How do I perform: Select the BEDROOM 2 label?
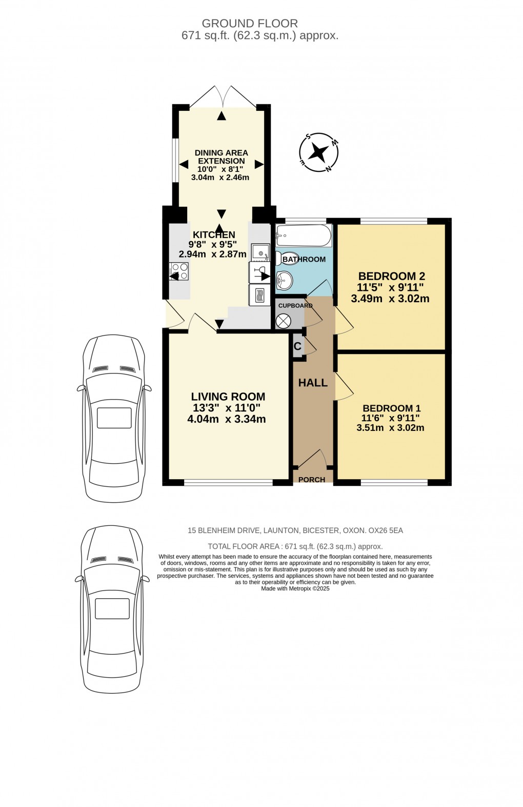tap(391, 276)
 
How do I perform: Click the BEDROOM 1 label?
tap(391, 408)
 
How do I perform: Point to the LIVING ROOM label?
tap(228, 397)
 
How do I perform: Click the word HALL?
tap(313, 383)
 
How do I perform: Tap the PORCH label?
tap(312, 480)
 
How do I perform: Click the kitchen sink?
tap(260, 252)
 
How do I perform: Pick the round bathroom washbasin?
tap(284, 280)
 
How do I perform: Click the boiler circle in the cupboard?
tap(283, 321)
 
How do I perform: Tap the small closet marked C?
tap(297, 346)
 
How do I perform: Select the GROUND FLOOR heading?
tap(250, 23)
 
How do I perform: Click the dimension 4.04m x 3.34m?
tap(226, 419)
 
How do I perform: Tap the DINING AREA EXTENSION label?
tap(221, 156)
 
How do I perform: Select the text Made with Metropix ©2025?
tap(295, 588)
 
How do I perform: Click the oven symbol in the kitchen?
tap(259, 296)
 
